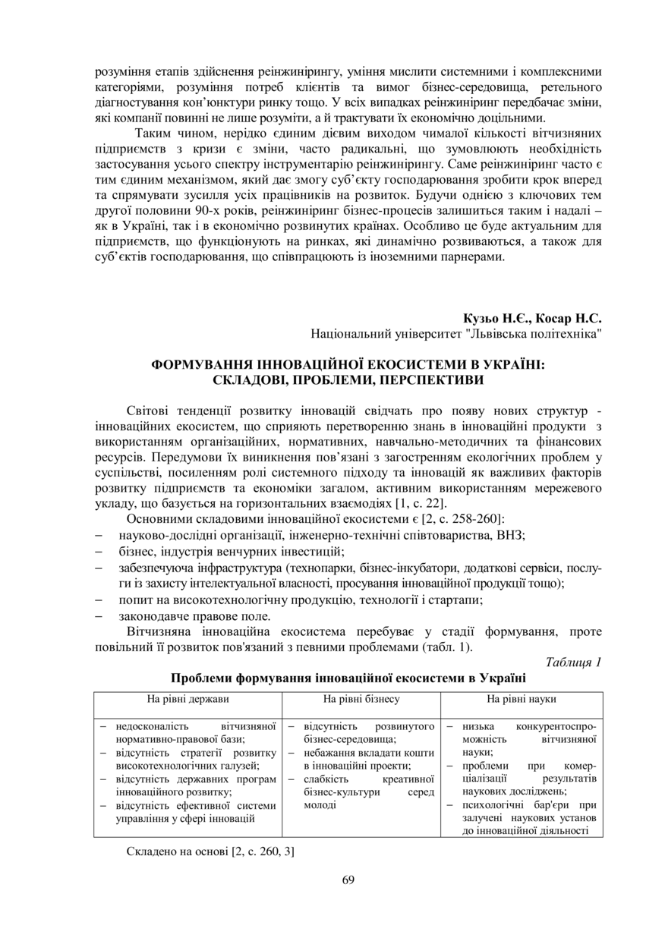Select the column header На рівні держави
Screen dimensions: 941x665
pyautogui.click(x=188, y=698)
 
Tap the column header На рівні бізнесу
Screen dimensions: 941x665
pyautogui.click(x=361, y=698)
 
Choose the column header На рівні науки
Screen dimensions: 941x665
pyautogui.click(x=522, y=698)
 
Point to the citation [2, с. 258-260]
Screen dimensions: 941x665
pyautogui.click(x=461, y=519)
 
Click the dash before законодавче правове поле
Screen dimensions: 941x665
pyautogui.click(x=99, y=615)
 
